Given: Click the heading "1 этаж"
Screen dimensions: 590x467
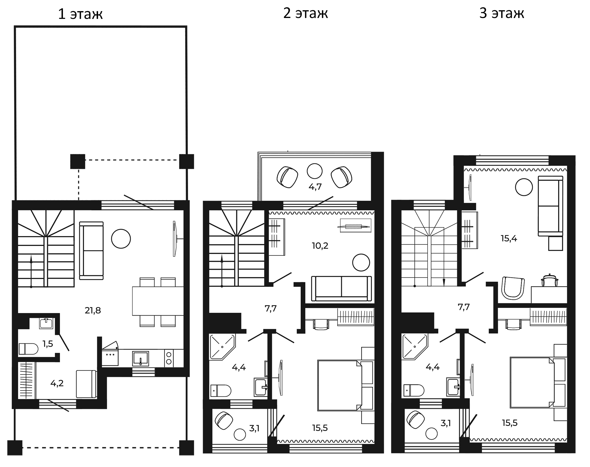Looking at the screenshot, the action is (x=80, y=14).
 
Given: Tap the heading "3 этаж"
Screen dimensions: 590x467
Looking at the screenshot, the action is (x=501, y=13).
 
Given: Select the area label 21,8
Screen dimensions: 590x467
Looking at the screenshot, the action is (x=93, y=310).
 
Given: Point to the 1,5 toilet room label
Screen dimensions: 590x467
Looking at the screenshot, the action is (x=48, y=344).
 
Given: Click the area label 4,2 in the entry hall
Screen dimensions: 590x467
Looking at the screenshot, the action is (x=57, y=383).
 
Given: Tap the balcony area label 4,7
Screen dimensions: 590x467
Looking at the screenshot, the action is (x=315, y=187).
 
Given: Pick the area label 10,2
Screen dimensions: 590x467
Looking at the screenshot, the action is (x=320, y=246).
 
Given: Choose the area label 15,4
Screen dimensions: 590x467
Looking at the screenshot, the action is (x=509, y=239).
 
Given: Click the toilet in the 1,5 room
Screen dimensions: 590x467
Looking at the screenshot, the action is (x=28, y=349).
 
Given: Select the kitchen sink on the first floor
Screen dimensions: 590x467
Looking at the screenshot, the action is (x=140, y=359).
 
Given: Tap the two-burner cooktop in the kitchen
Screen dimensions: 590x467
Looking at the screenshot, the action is (x=169, y=358).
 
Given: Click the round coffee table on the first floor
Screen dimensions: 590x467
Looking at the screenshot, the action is (x=121, y=239).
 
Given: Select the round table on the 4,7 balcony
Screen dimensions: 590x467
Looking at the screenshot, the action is (x=314, y=171).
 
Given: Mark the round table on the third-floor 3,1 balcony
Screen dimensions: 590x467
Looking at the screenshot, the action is (x=432, y=434).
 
